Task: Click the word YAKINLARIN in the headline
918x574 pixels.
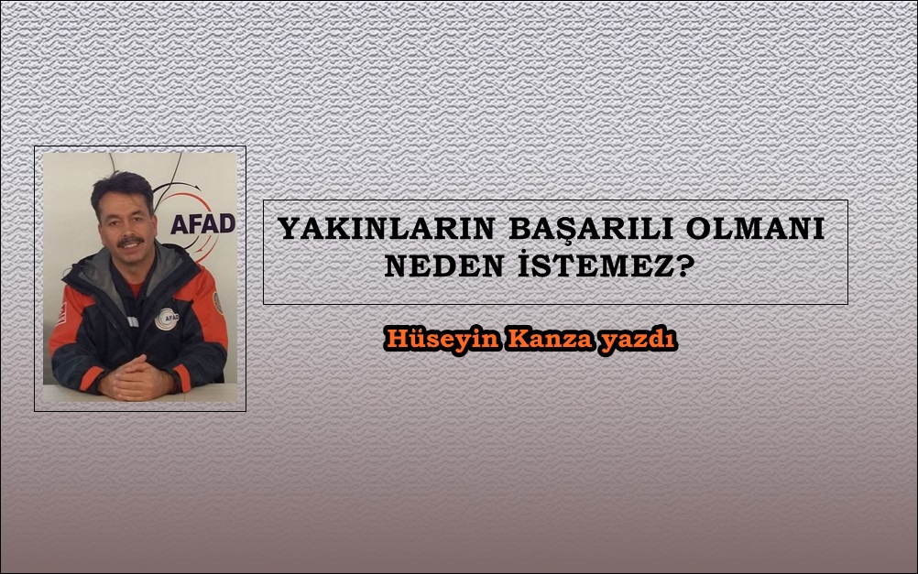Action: [387, 228]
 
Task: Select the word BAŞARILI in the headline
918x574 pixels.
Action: [591, 230]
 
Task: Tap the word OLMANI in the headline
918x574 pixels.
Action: [755, 228]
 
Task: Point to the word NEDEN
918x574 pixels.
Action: [443, 266]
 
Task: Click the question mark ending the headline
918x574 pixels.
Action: [683, 266]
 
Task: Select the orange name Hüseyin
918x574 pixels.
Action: [443, 340]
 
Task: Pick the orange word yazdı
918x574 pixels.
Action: [638, 340]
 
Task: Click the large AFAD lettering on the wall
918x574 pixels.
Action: [203, 223]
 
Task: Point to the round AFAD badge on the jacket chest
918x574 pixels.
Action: [167, 319]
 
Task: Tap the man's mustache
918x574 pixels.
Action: [130, 241]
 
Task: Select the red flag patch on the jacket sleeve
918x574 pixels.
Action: [60, 313]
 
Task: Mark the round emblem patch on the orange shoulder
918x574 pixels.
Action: [218, 302]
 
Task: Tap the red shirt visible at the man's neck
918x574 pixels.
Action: [136, 287]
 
